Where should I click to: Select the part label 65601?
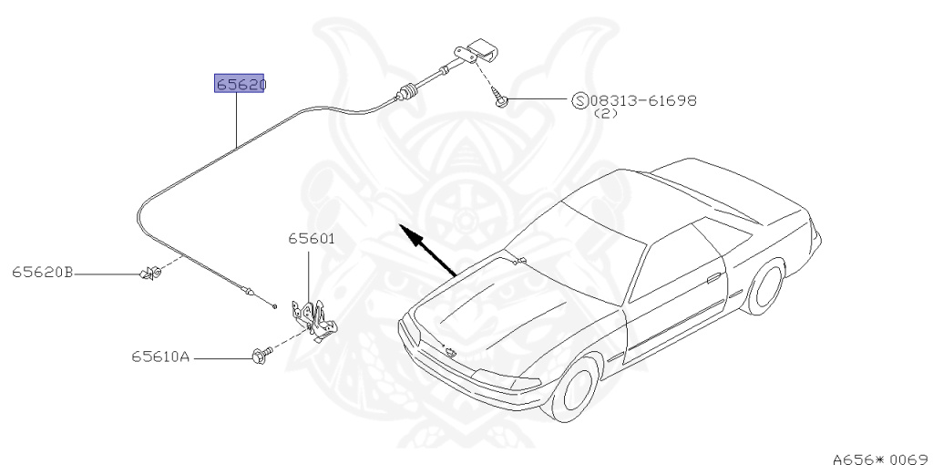pyautogui.click(x=312, y=240)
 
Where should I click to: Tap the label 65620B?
pyautogui.click(x=42, y=272)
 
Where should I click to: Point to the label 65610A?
pyautogui.click(x=159, y=357)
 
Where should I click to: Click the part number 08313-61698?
pyautogui.click(x=643, y=100)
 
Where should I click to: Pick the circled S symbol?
pyautogui.click(x=579, y=100)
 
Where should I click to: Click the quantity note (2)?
pyautogui.click(x=605, y=115)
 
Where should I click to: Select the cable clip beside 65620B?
pyautogui.click(x=149, y=272)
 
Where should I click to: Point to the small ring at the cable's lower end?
pyautogui.click(x=272, y=305)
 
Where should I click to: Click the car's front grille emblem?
pyautogui.click(x=449, y=350)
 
